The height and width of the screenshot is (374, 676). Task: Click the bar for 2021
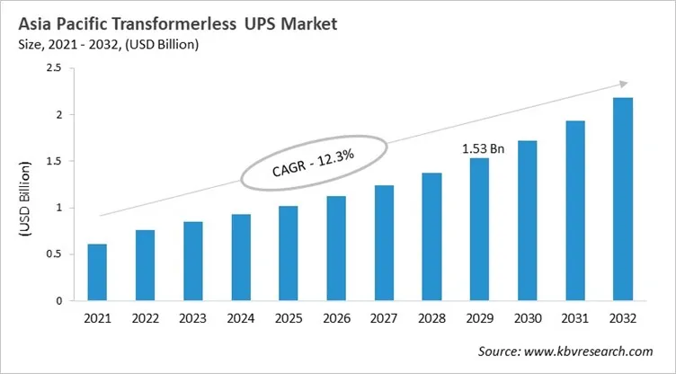point(96,272)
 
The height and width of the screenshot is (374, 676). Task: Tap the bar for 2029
point(479,229)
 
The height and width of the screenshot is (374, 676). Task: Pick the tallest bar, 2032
point(623,199)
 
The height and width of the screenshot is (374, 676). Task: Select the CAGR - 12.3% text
point(314,164)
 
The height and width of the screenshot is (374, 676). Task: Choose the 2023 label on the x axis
point(192,318)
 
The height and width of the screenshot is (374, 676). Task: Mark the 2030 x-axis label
point(528,318)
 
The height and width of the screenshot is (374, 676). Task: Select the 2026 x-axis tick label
point(336,318)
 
